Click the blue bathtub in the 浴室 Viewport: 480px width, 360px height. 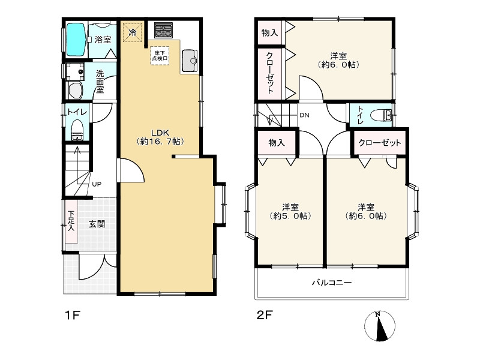pos(76,40)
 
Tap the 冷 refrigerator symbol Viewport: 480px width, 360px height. pos(133,32)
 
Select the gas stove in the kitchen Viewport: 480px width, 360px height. pos(163,30)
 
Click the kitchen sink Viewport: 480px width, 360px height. pos(190,61)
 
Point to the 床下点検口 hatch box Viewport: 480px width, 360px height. pos(160,55)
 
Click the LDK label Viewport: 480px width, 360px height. pos(160,133)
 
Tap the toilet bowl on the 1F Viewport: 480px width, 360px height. pos(77,130)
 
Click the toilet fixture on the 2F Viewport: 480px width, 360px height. pos(381,116)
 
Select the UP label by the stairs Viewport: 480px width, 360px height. pos(97,184)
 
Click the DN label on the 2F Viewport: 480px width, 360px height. pos(304,115)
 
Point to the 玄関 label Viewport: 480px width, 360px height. pos(97,224)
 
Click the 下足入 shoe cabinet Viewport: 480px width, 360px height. pos(71,221)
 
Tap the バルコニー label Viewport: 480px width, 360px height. pos(332,282)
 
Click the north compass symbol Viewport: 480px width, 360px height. pos(380,326)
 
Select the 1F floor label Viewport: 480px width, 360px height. pos(73,315)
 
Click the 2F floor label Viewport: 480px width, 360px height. pos(265,315)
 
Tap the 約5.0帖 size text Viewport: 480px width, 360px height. pos(290,216)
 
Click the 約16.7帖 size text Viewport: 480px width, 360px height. pos(160,142)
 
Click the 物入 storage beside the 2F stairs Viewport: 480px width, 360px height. pos(277,143)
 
